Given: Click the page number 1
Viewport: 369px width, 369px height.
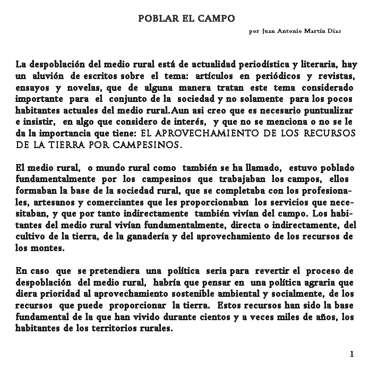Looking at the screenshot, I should [x=352, y=354].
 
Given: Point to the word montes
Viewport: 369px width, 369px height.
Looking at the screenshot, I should [x=47, y=247].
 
